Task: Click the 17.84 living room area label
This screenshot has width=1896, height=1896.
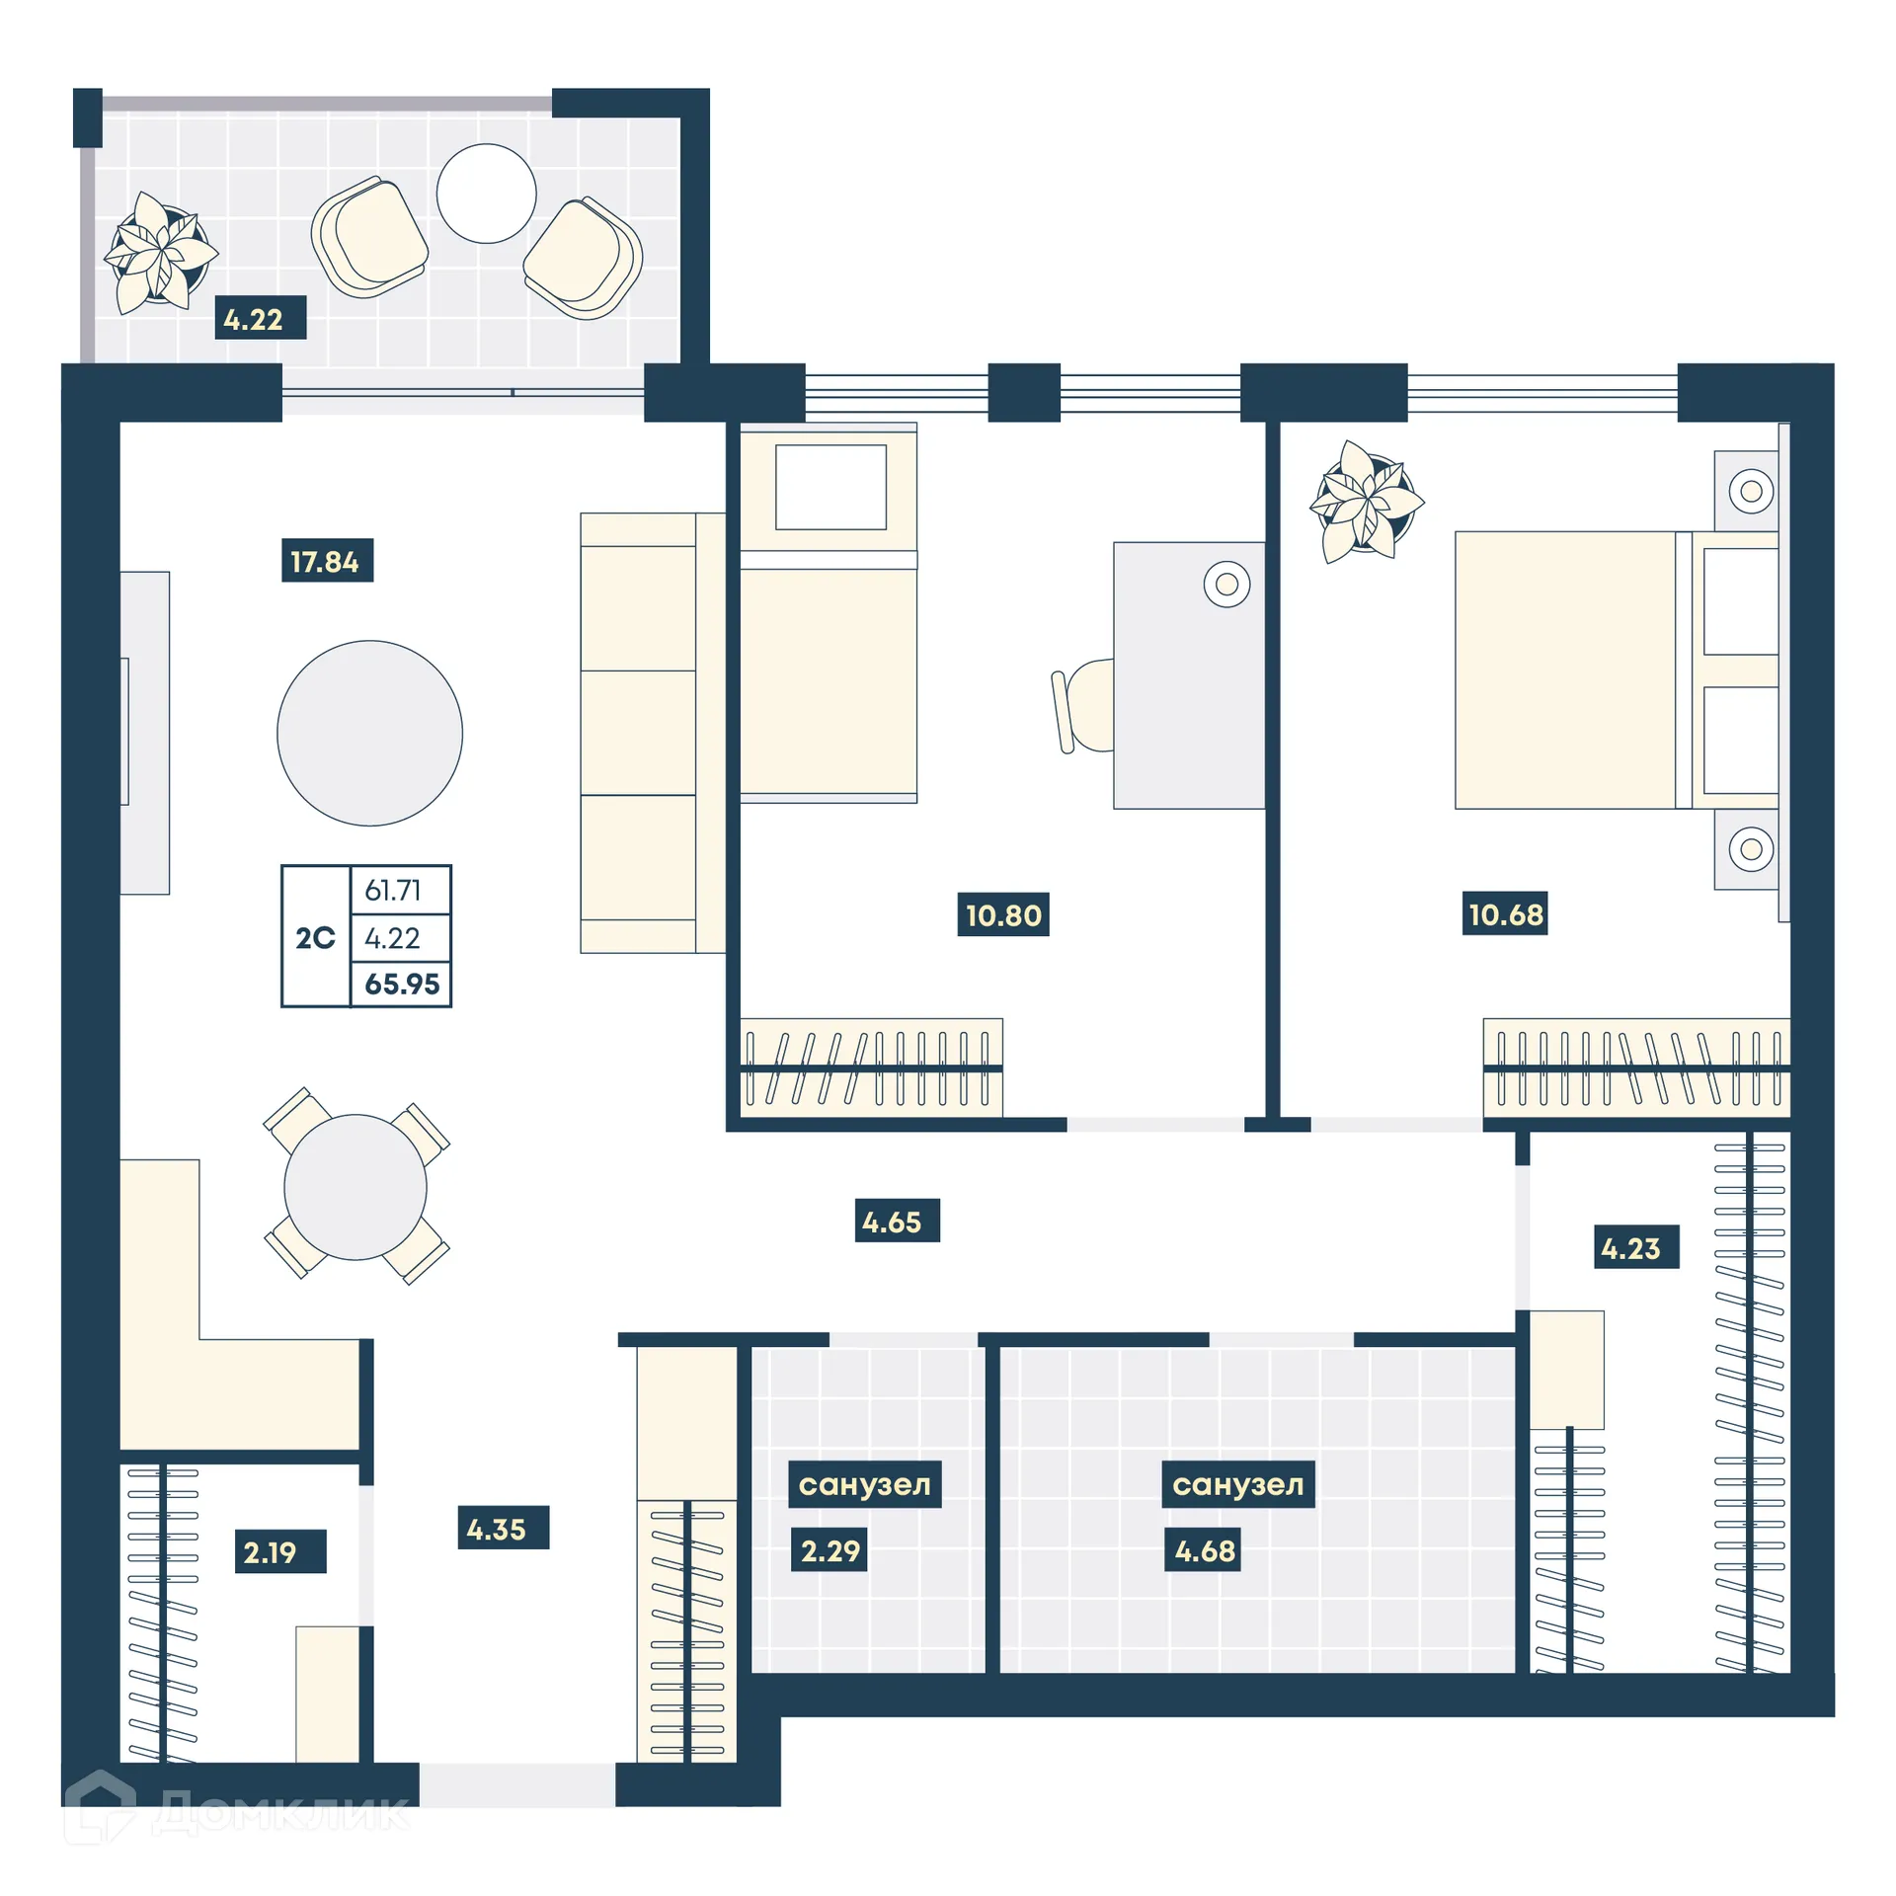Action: pos(327,561)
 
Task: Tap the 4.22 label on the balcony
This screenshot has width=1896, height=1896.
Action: pos(260,318)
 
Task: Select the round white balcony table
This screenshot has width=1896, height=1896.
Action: pos(486,194)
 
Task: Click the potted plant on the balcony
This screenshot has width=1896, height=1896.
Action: pos(160,253)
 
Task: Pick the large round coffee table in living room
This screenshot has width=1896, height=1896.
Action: pos(369,733)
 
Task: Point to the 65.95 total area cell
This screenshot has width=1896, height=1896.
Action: pos(401,984)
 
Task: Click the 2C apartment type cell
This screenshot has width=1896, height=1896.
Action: pos(315,937)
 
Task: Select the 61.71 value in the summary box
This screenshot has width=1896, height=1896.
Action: pos(393,890)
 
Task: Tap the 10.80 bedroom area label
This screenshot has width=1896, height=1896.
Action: pos(1002,914)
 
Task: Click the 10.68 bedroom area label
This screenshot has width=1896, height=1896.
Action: pos(1504,913)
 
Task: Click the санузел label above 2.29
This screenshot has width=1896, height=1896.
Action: pos(864,1484)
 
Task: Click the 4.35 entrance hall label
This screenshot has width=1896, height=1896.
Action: pos(502,1528)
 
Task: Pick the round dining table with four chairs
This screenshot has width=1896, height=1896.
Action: pos(355,1187)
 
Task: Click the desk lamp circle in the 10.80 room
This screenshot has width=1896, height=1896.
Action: pos(1226,585)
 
